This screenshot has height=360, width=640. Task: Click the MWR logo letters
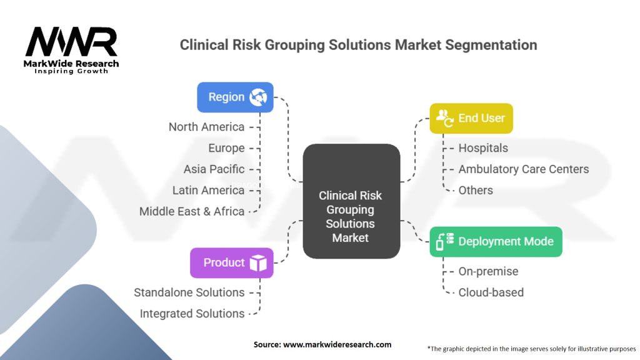(x=71, y=42)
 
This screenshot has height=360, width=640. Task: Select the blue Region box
(x=235, y=97)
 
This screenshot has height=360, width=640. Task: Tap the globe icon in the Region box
(x=257, y=97)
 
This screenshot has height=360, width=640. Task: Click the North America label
(x=206, y=127)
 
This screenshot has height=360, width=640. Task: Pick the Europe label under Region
(x=226, y=148)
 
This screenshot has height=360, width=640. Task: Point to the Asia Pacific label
(x=214, y=169)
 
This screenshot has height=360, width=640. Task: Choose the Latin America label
(x=208, y=190)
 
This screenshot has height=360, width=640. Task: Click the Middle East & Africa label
(x=192, y=211)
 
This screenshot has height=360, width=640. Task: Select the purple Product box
(x=232, y=262)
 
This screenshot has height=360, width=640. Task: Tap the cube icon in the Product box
(x=258, y=263)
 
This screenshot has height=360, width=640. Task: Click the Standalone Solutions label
(x=189, y=292)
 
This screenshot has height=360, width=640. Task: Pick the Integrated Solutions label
(x=192, y=314)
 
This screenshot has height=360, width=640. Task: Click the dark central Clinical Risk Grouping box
(x=351, y=201)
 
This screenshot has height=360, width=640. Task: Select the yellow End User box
(x=471, y=118)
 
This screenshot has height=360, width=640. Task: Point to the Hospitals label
(x=483, y=148)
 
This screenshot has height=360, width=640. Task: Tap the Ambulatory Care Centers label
(x=523, y=169)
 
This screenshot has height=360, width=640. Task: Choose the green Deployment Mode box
(x=496, y=242)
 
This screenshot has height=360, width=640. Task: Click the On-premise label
(x=488, y=271)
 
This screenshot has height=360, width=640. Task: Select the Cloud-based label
(x=491, y=292)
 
